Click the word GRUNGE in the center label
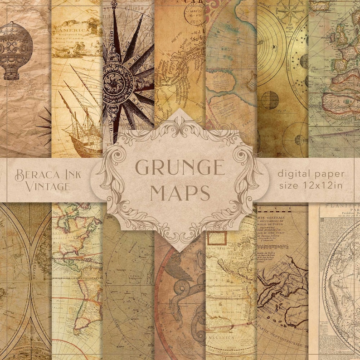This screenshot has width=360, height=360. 180,169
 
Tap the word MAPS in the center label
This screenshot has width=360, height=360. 180,193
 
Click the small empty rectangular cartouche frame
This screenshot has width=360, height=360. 219,237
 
